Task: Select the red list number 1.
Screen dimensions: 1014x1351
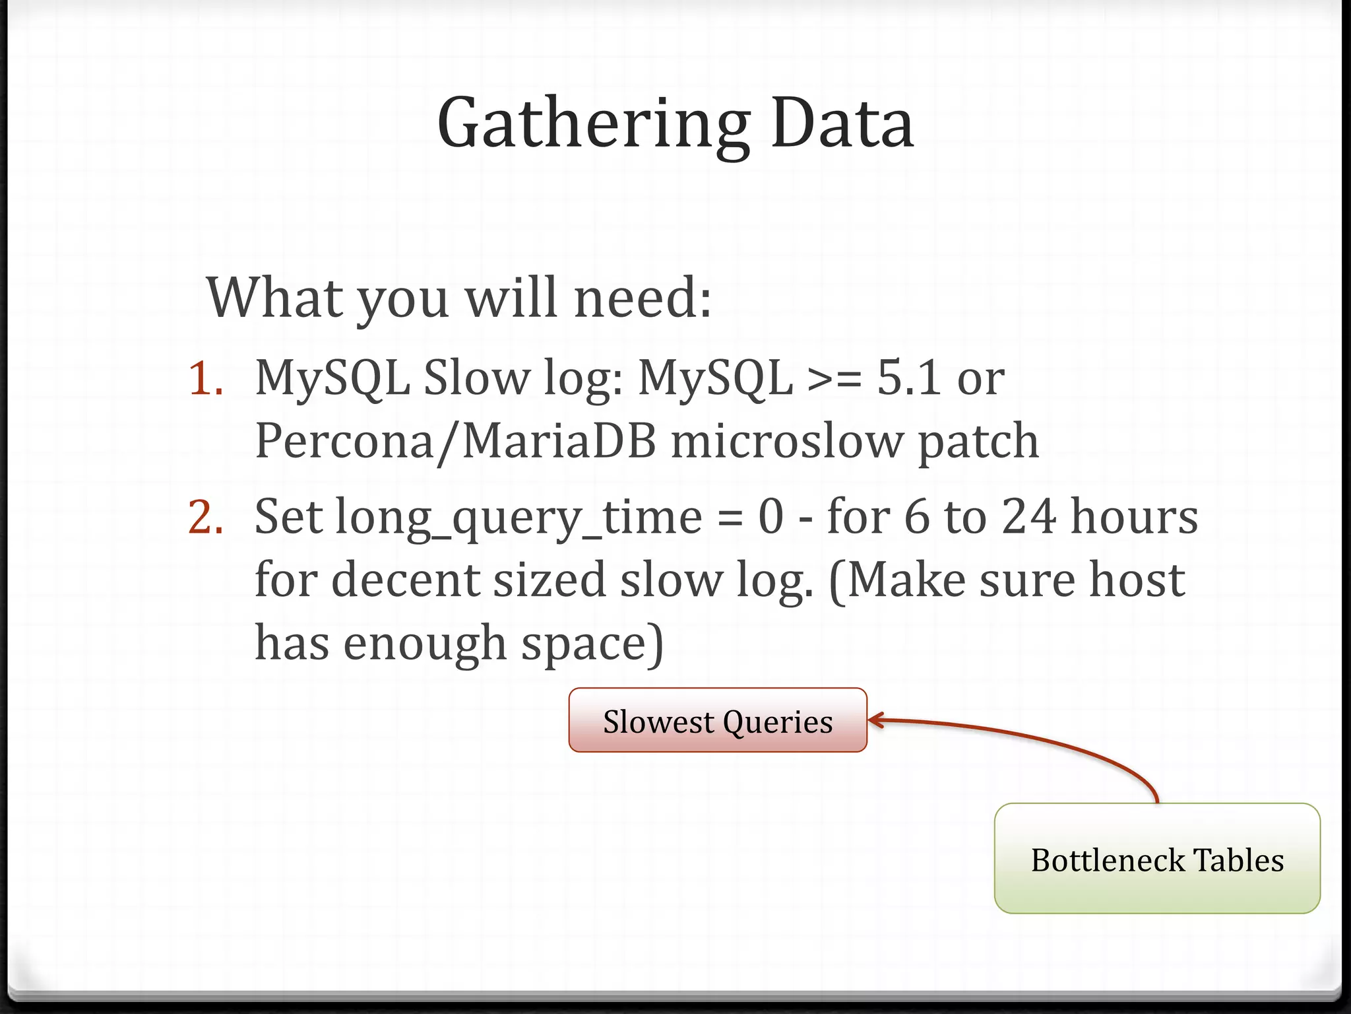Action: [204, 379]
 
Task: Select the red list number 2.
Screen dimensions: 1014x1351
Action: [204, 517]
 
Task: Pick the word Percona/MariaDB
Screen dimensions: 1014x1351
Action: [455, 441]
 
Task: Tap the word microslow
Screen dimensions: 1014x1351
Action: [786, 441]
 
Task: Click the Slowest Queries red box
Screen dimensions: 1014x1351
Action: [718, 720]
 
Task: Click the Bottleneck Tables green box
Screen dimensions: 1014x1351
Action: [1157, 859]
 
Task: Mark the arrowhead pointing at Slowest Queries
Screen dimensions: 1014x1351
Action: [874, 720]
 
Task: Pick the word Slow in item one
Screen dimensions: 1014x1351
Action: [476, 379]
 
